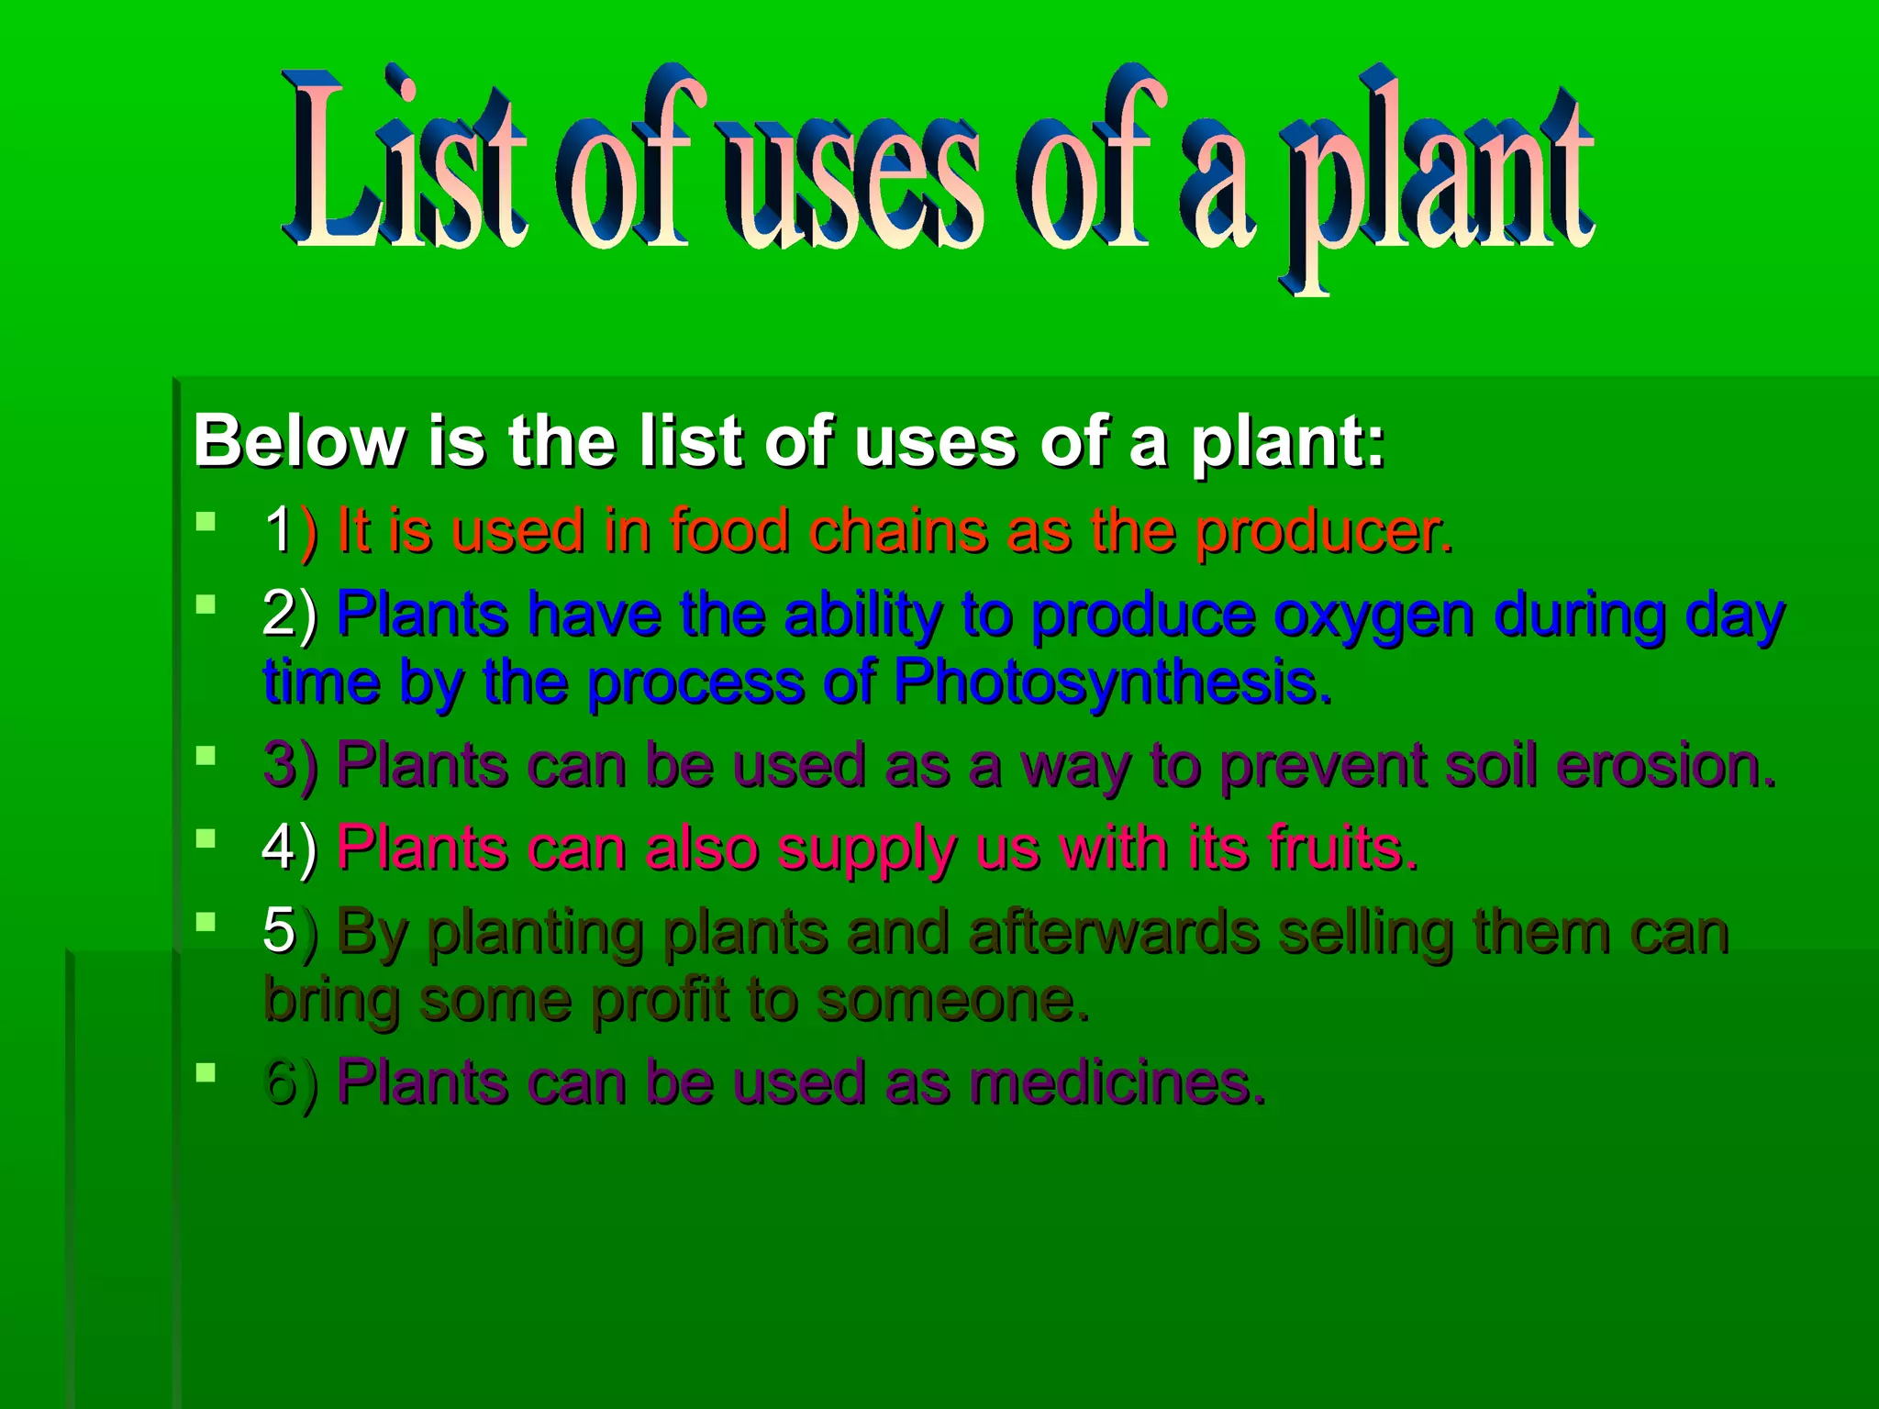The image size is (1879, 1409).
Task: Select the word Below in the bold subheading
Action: [x=299, y=441]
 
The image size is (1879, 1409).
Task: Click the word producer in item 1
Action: [x=1325, y=531]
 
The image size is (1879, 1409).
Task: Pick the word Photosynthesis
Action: [x=1112, y=682]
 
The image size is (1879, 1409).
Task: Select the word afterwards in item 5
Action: [x=1114, y=932]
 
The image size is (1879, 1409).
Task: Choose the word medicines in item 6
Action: [x=1118, y=1082]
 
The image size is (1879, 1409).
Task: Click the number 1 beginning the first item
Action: [x=278, y=531]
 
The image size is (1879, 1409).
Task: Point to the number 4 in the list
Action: [x=278, y=848]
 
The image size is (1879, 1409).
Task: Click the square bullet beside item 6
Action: [x=206, y=1071]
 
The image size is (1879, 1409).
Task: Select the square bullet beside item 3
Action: [x=206, y=755]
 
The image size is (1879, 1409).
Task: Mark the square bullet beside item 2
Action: [x=206, y=604]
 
